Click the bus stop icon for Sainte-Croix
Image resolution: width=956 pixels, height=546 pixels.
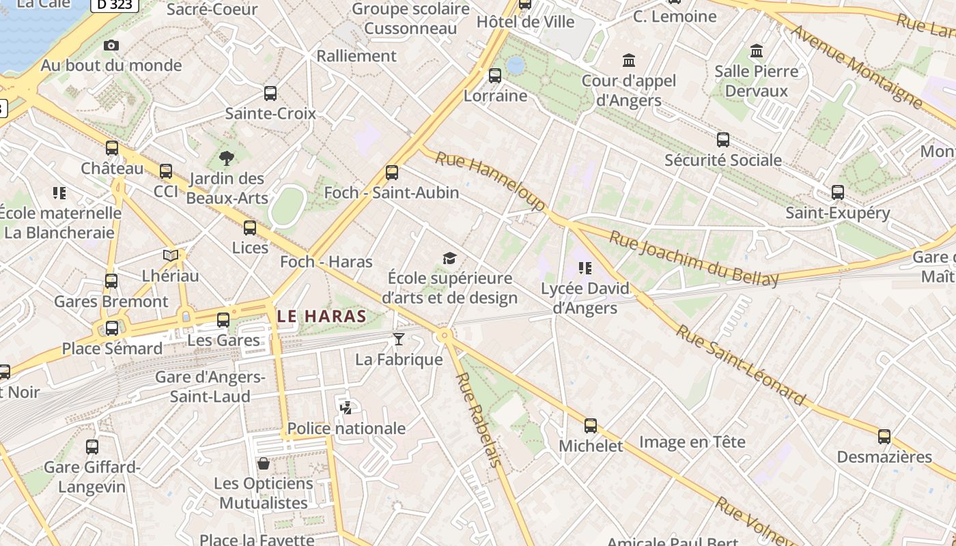click(270, 94)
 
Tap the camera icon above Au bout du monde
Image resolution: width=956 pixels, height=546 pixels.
click(111, 46)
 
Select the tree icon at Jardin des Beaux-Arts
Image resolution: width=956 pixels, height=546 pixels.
click(227, 159)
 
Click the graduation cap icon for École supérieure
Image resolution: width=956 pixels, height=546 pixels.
click(449, 258)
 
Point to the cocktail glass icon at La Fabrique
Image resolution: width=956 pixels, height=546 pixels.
click(399, 339)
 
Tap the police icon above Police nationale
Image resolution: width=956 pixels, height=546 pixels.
click(346, 408)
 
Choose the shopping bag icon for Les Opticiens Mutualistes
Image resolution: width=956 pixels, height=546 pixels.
click(264, 463)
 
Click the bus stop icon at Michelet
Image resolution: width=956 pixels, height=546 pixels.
click(591, 426)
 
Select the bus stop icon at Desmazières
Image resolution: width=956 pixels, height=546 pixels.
click(884, 437)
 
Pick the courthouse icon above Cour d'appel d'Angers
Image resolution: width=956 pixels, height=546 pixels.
click(629, 61)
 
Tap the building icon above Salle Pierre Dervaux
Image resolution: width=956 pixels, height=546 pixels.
click(757, 51)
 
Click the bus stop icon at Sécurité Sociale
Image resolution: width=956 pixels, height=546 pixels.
click(723, 140)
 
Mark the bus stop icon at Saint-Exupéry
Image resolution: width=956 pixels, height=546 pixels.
click(838, 192)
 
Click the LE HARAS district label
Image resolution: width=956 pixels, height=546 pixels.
click(322, 316)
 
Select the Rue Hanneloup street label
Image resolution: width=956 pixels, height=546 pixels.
click(490, 181)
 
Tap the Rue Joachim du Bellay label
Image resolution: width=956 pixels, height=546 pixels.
click(693, 259)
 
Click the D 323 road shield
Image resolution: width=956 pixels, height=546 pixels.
click(115, 5)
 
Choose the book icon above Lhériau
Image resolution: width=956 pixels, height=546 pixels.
click(171, 255)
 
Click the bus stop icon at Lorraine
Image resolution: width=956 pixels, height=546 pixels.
click(495, 76)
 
